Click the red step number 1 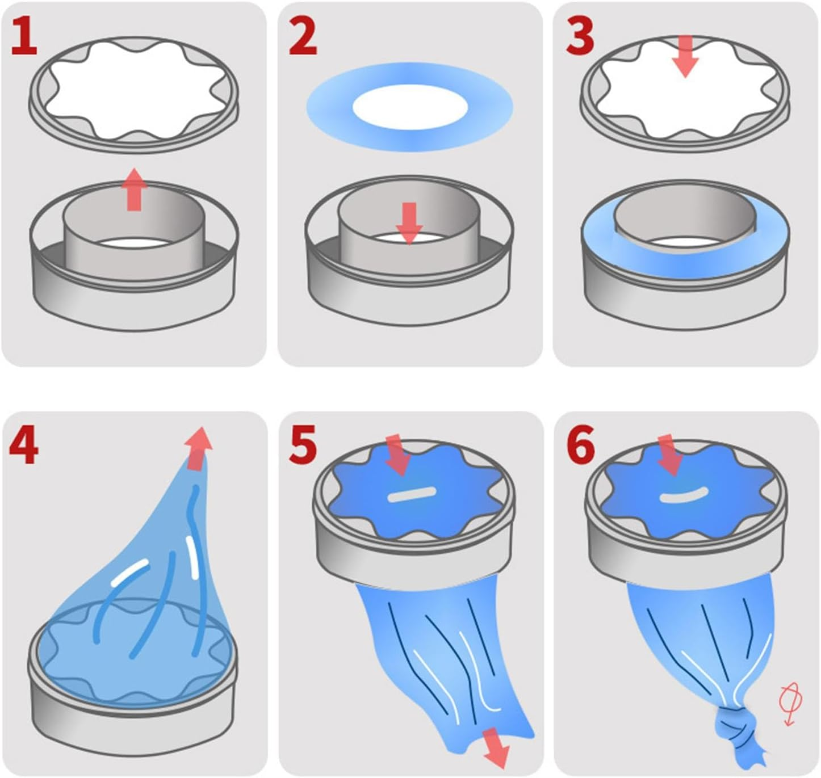[x=24, y=37]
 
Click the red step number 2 [x=303, y=37]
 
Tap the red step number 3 [x=580, y=37]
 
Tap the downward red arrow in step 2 [x=409, y=224]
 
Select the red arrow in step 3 [x=685, y=56]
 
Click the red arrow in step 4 [x=198, y=448]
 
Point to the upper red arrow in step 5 [x=397, y=455]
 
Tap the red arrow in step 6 [x=669, y=455]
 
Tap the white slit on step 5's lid [x=412, y=494]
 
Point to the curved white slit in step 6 [x=684, y=495]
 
